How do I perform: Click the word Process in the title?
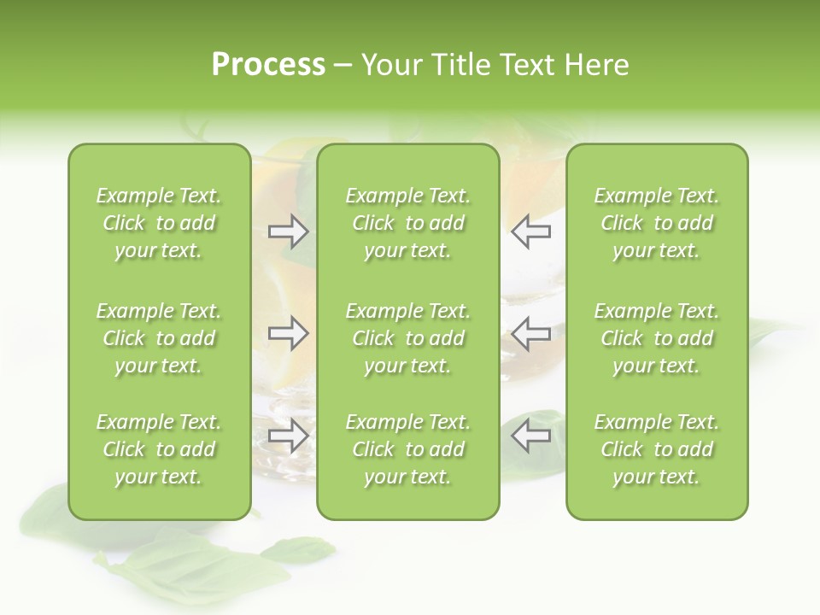coord(268,64)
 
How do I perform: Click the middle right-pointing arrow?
coord(288,334)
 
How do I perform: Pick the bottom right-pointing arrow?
coord(288,436)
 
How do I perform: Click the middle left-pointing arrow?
coord(530,334)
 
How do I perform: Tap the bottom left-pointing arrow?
coord(530,435)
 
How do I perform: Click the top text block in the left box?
coord(159,223)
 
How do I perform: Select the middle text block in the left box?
coord(159,338)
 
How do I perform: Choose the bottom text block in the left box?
coord(159,449)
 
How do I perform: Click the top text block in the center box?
coord(407,223)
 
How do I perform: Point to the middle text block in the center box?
coord(407,338)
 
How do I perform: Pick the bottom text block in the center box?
coord(407,449)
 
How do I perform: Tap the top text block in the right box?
coord(656,223)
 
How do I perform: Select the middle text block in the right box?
coord(656,338)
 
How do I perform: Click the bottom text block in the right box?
coord(656,449)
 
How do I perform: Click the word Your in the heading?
coord(391,65)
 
